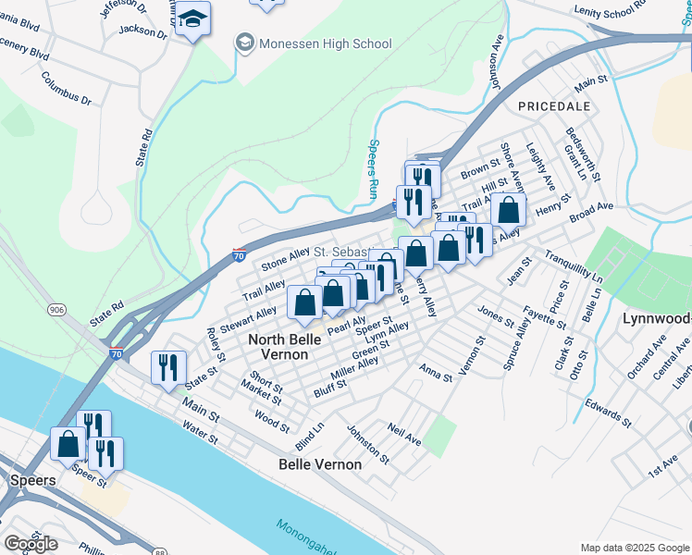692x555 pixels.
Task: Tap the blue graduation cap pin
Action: [192, 19]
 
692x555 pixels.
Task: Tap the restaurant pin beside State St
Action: [168, 368]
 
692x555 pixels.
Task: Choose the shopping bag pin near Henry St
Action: [508, 210]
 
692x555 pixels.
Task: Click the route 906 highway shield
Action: [57, 311]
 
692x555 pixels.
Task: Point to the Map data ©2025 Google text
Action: [635, 548]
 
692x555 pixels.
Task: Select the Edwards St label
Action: [609, 413]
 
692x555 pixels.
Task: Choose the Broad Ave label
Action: [591, 212]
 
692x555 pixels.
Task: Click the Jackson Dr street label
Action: [142, 34]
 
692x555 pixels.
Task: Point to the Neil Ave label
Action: [405, 436]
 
